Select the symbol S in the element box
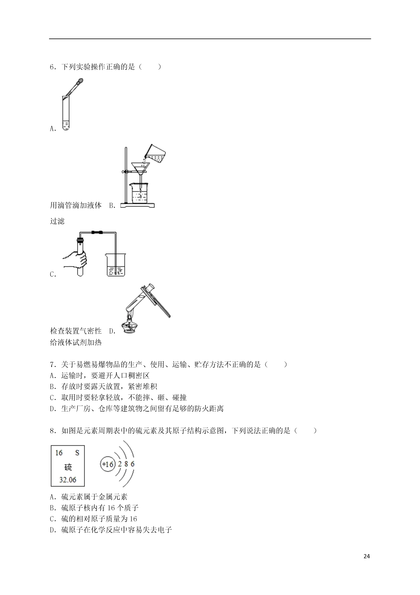(x=77, y=453)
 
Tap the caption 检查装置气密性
(x=76, y=331)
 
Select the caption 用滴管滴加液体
(x=76, y=206)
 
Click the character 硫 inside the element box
(x=68, y=467)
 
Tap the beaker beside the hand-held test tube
(x=116, y=265)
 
